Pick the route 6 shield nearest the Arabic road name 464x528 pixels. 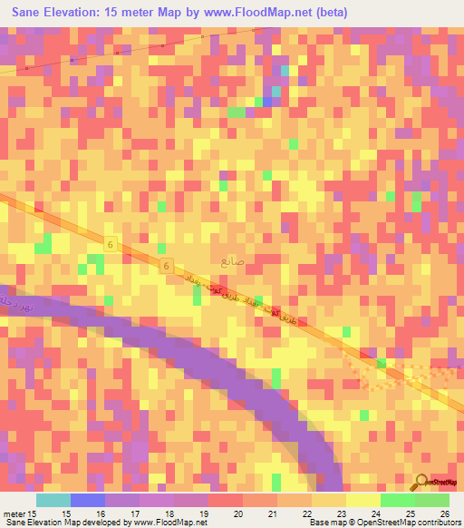(167, 265)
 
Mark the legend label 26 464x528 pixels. (445, 513)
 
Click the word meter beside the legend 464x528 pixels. (16, 513)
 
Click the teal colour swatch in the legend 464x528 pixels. (53, 500)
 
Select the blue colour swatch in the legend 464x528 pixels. (88, 500)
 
